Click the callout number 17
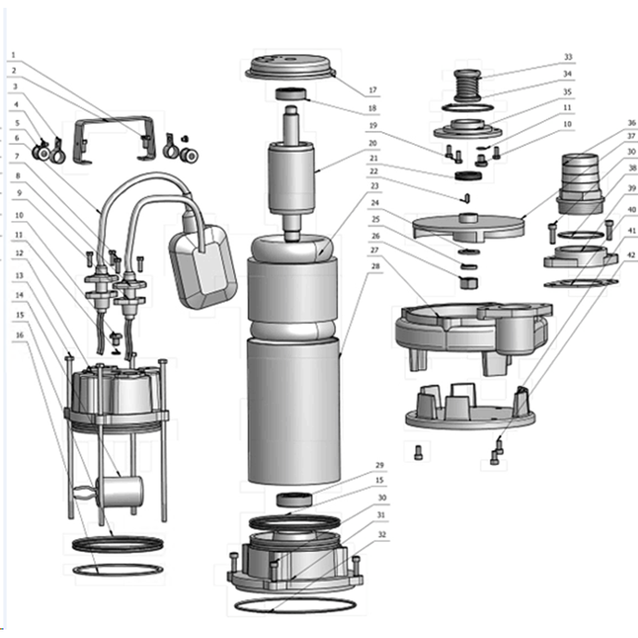[x=373, y=90]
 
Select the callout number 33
[x=568, y=57]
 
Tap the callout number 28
[x=375, y=266]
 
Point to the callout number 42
[x=631, y=255]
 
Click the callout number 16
[x=19, y=335]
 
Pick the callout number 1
[x=13, y=55]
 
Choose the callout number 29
[x=379, y=465]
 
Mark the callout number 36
[x=632, y=123]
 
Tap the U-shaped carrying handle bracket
[x=115, y=139]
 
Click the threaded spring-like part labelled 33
[x=467, y=86]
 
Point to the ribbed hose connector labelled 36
[x=580, y=184]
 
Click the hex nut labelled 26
[x=469, y=282]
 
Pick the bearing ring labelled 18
[x=291, y=94]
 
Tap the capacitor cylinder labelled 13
[x=119, y=492]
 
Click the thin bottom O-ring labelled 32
[x=296, y=605]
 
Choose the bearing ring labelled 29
[x=295, y=499]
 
